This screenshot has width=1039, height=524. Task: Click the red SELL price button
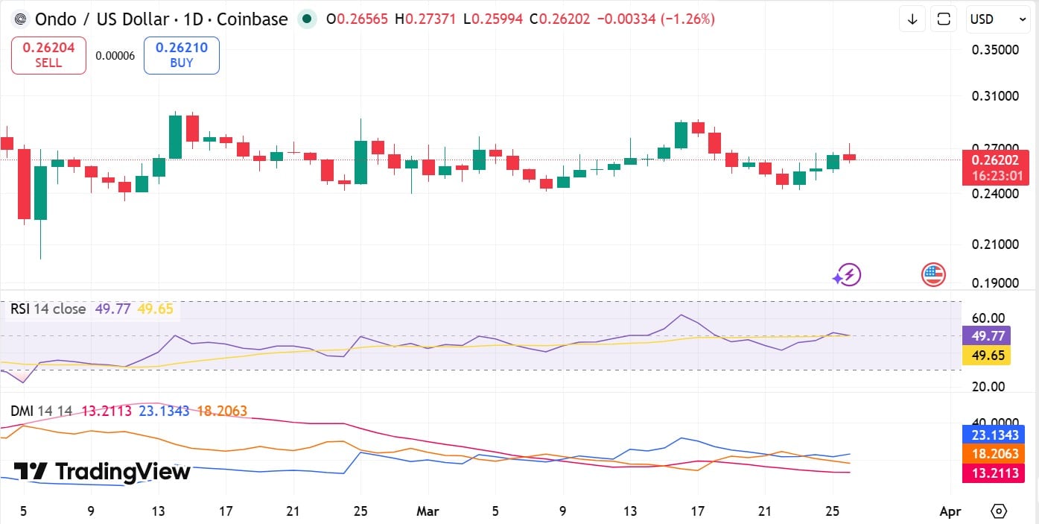(x=48, y=55)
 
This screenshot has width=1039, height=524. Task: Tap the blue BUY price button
(x=181, y=55)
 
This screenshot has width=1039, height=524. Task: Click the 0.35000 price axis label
(x=995, y=50)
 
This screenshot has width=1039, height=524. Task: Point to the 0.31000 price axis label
(x=995, y=96)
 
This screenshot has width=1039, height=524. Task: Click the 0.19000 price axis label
(x=995, y=283)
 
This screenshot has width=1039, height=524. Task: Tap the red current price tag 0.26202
(x=994, y=160)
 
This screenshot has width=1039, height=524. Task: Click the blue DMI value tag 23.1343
(x=993, y=435)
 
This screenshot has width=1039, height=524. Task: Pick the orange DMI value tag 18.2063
(x=993, y=454)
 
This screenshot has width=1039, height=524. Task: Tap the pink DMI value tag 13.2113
(x=993, y=473)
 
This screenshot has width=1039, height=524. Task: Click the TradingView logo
(x=102, y=471)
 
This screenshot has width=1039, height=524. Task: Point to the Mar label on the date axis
(x=428, y=511)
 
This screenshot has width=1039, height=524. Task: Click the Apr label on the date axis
(x=950, y=511)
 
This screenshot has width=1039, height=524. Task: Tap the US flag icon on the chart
(x=933, y=275)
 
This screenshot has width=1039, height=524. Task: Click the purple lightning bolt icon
(x=847, y=275)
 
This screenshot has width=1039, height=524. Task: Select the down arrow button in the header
(x=912, y=19)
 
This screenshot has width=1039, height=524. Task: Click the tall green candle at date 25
(x=360, y=162)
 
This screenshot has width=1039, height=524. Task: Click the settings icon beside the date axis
(x=999, y=511)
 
